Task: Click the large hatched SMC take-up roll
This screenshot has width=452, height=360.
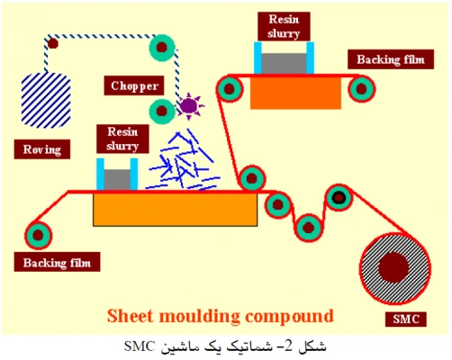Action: pyautogui.click(x=392, y=268)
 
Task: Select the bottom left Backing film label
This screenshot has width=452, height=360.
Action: pyautogui.click(x=56, y=264)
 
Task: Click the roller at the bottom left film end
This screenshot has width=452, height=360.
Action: pyautogui.click(x=38, y=234)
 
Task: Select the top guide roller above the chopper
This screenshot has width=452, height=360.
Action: pyautogui.click(x=163, y=44)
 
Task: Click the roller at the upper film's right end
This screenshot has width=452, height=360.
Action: pyautogui.click(x=362, y=87)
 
